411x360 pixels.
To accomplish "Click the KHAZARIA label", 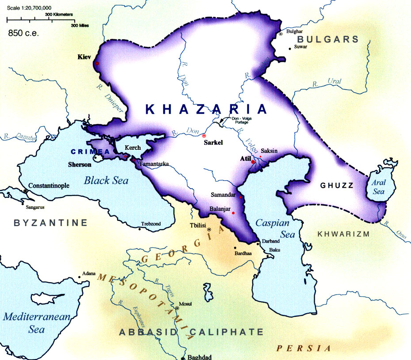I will pyautogui.click(x=206, y=110).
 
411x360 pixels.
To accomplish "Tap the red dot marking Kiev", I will pyautogui.click(x=97, y=63).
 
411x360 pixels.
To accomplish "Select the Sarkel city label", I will pyautogui.click(x=214, y=143).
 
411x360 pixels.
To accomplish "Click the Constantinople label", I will pyautogui.click(x=49, y=186).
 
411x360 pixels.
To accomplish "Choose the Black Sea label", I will pyautogui.click(x=106, y=180).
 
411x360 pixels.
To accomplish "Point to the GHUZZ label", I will pyautogui.click(x=336, y=186).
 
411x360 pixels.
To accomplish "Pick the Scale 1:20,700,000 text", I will pyautogui.click(x=26, y=8).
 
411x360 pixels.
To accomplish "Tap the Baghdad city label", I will pyautogui.click(x=199, y=357).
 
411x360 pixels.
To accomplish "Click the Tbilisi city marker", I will pyautogui.click(x=209, y=230).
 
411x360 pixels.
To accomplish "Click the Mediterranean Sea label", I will pyautogui.click(x=30, y=323).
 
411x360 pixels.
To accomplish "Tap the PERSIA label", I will pyautogui.click(x=304, y=349).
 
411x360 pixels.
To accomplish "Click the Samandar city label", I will pyautogui.click(x=222, y=195).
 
